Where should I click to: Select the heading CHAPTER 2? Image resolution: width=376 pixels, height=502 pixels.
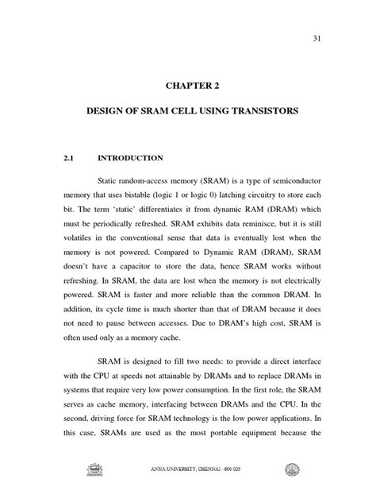pos(187,85)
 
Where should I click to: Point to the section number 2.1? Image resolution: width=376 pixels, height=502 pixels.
pos(67,158)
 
